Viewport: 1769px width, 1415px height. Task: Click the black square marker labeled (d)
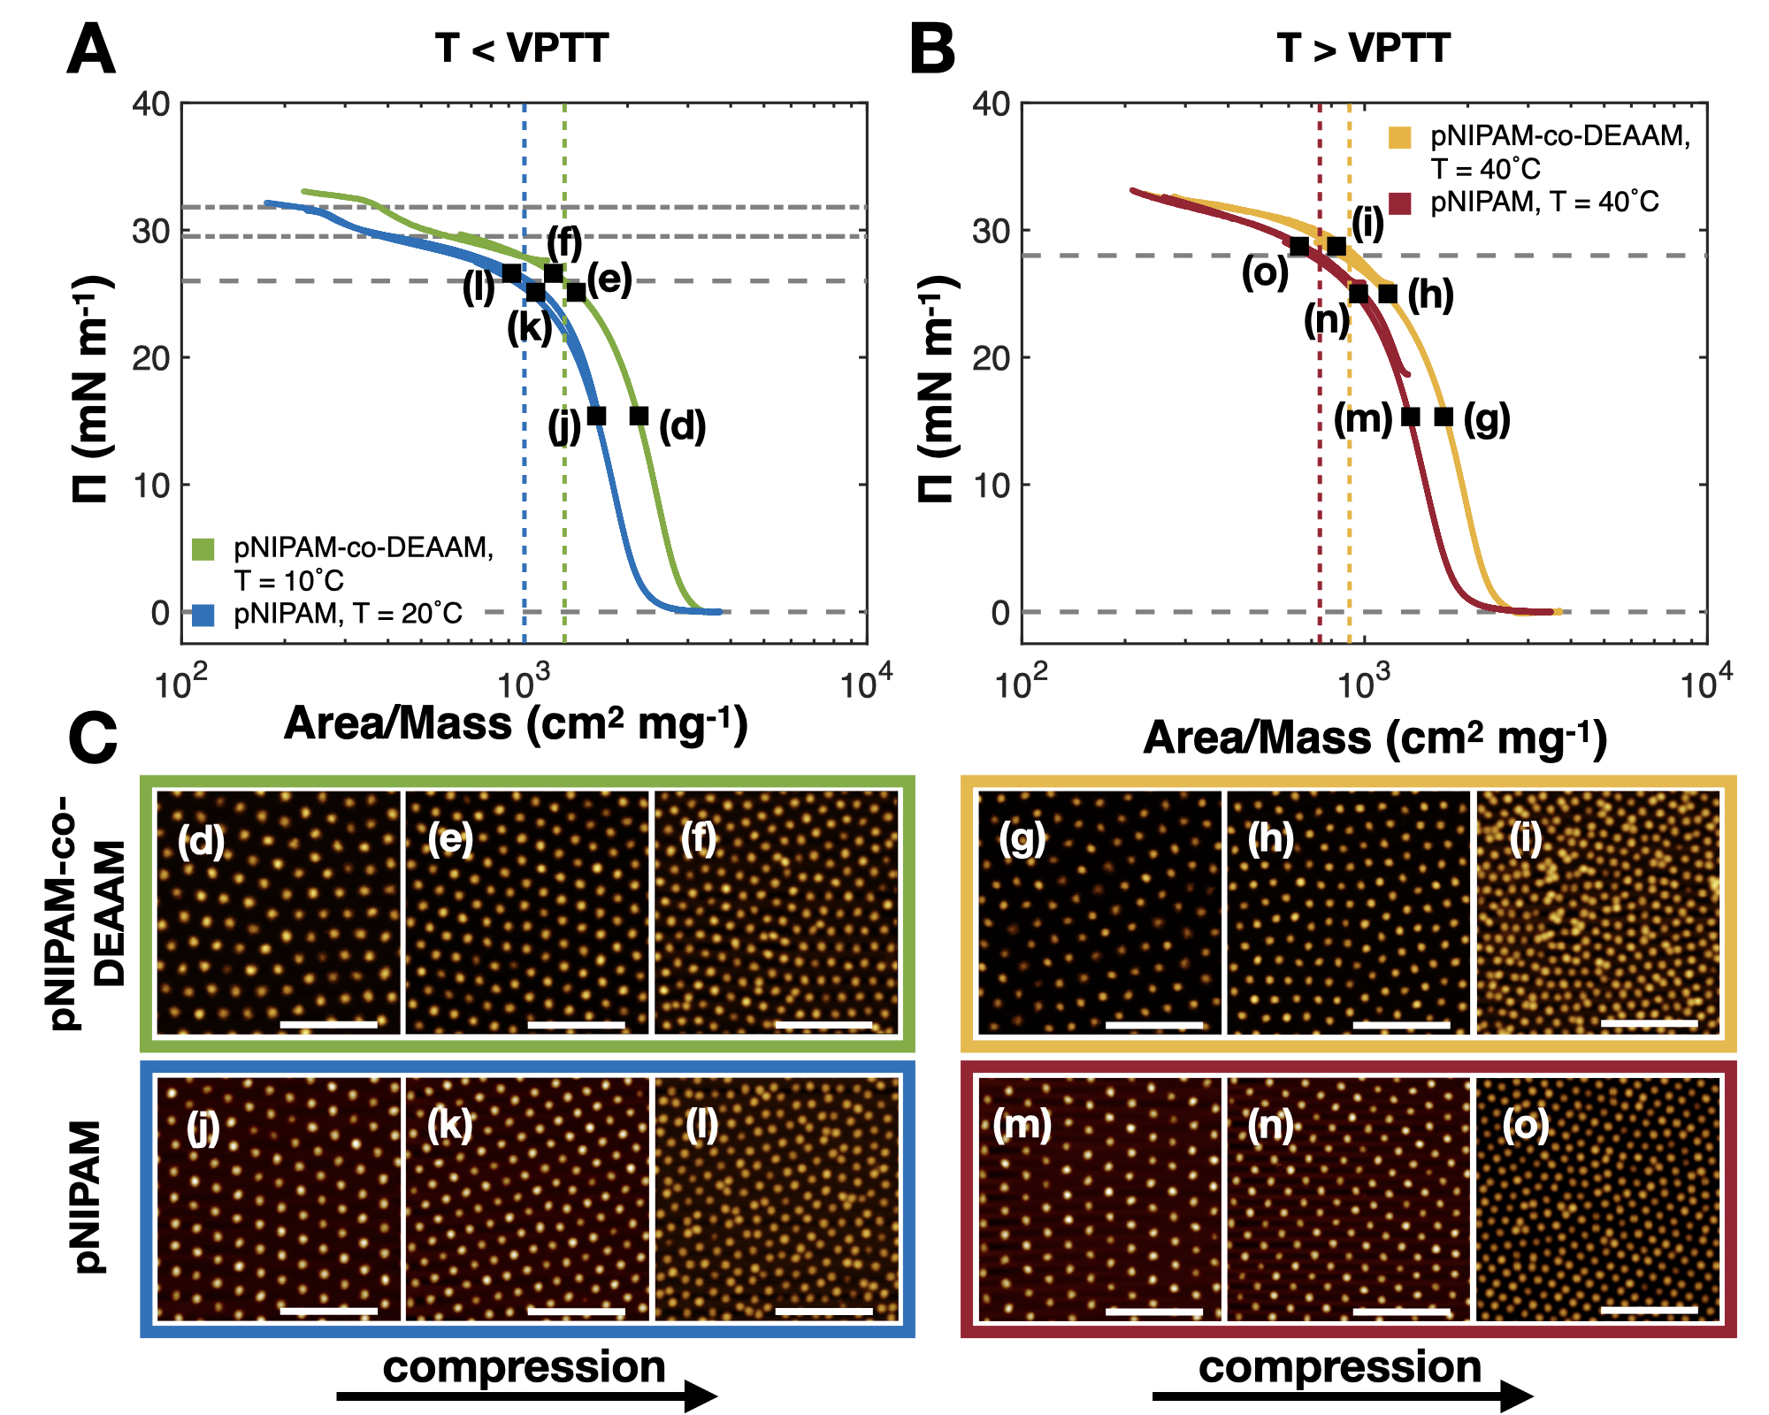pyautogui.click(x=639, y=416)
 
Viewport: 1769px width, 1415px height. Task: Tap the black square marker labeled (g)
pyautogui.click(x=1443, y=417)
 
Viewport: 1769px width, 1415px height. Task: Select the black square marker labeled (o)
pyautogui.click(x=1298, y=247)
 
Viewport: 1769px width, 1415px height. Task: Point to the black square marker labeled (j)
pyautogui.click(x=597, y=416)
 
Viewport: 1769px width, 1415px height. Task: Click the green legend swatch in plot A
pyautogui.click(x=203, y=549)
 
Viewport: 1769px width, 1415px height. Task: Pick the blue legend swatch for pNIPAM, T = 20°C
pyautogui.click(x=203, y=615)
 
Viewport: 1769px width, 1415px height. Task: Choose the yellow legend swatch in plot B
pyautogui.click(x=1399, y=138)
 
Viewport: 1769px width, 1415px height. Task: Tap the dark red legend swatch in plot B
pyautogui.click(x=1399, y=203)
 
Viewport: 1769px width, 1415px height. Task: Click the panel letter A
pyautogui.click(x=91, y=50)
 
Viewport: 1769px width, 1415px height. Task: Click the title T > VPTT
pyautogui.click(x=1363, y=48)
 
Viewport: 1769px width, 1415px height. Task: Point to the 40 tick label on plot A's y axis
pyautogui.click(x=151, y=104)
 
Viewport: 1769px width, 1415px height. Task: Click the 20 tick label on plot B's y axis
pyautogui.click(x=991, y=358)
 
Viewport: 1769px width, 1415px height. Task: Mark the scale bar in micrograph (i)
pyautogui.click(x=1649, y=1023)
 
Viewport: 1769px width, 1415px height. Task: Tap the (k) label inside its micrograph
pyautogui.click(x=449, y=1126)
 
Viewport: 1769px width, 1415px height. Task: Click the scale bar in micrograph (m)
pyautogui.click(x=1153, y=1312)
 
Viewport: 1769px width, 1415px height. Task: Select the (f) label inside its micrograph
pyautogui.click(x=699, y=838)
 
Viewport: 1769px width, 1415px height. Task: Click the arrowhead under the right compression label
pyautogui.click(x=1517, y=1396)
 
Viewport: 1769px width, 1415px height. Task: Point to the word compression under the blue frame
pyautogui.click(x=524, y=1367)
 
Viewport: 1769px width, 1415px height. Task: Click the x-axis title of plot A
pyautogui.click(x=516, y=724)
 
